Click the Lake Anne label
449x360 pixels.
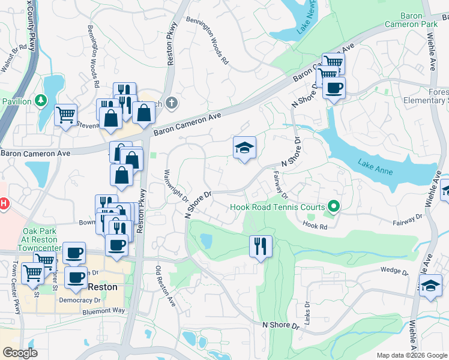click(x=376, y=167)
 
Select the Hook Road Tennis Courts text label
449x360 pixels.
click(x=279, y=208)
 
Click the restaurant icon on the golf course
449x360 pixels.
click(x=261, y=246)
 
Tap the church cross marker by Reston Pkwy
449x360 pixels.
click(x=172, y=103)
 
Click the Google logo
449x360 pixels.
click(x=20, y=353)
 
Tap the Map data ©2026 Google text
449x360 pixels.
click(x=406, y=355)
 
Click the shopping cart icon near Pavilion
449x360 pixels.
click(x=65, y=114)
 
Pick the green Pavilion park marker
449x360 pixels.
click(x=41, y=100)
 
